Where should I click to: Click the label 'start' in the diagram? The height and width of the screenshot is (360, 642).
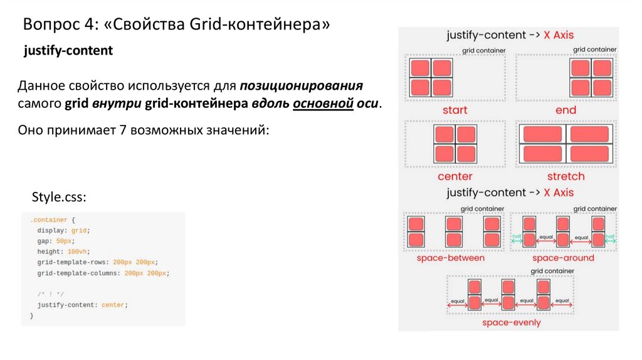[x=455, y=110]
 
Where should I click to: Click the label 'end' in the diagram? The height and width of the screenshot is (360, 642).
[x=566, y=110]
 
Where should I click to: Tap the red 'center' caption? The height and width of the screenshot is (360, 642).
[x=455, y=176]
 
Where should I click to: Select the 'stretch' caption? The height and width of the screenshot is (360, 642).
[x=566, y=176]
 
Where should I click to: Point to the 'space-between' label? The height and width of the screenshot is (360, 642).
[x=451, y=258]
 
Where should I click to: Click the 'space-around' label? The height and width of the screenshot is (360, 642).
[x=563, y=258]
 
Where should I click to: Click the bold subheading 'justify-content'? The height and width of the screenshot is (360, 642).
[x=68, y=51]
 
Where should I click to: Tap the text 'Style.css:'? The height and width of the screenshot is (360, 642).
[x=58, y=198]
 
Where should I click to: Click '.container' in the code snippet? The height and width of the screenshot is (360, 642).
[x=46, y=221]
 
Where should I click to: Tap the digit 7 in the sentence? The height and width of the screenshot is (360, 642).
[x=120, y=130]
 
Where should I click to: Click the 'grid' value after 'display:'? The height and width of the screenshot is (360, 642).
[x=79, y=231]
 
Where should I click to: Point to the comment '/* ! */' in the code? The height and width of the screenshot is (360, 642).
[x=51, y=294]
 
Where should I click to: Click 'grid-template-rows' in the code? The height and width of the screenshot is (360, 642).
[x=73, y=262]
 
